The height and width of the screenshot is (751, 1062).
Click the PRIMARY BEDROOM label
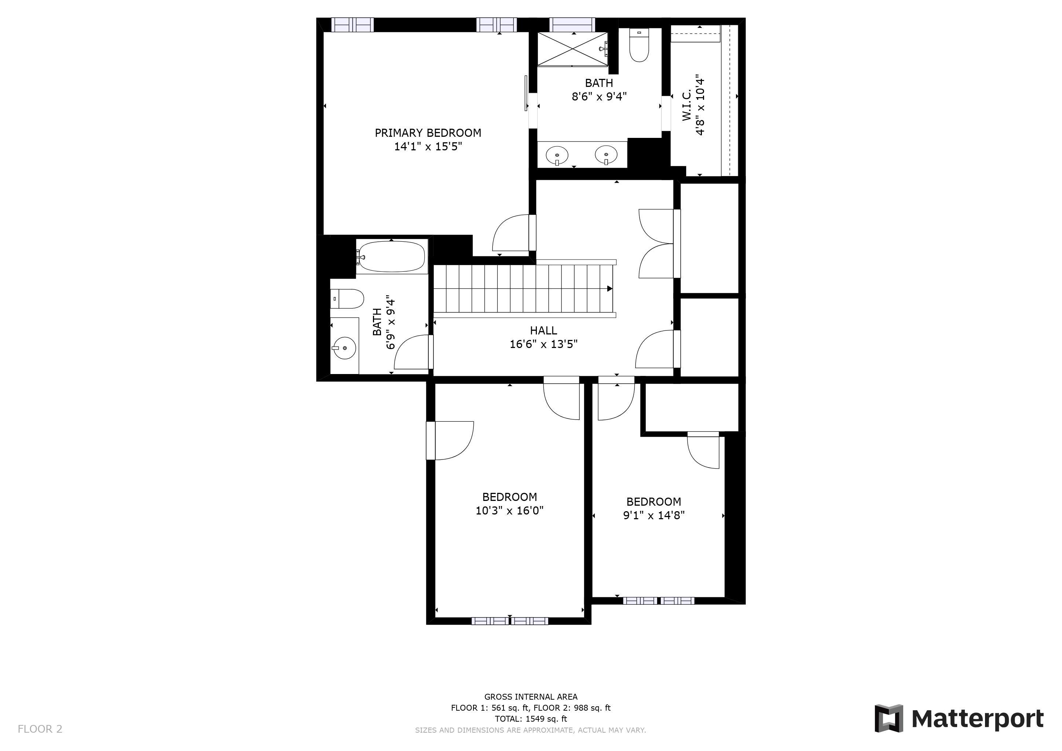pos(428,133)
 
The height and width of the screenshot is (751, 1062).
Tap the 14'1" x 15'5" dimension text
pos(428,147)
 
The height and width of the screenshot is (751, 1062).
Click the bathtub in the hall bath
pos(392,257)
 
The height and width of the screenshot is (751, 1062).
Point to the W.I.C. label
pos(687,106)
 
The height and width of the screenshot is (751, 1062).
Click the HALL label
pos(543,331)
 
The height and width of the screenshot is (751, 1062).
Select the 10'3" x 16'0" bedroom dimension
pos(509,510)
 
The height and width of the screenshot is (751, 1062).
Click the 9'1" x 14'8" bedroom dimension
pos(653,515)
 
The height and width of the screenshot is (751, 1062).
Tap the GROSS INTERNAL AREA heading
pos(531,696)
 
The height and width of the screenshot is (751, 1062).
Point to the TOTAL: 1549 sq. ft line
pos(531,719)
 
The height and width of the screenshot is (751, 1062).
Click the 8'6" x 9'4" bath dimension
pos(599,97)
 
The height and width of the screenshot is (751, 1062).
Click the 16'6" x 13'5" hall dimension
pos(543,345)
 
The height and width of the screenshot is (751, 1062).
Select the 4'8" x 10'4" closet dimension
pos(700,106)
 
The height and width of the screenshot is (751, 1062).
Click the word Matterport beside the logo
pos(977,719)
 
